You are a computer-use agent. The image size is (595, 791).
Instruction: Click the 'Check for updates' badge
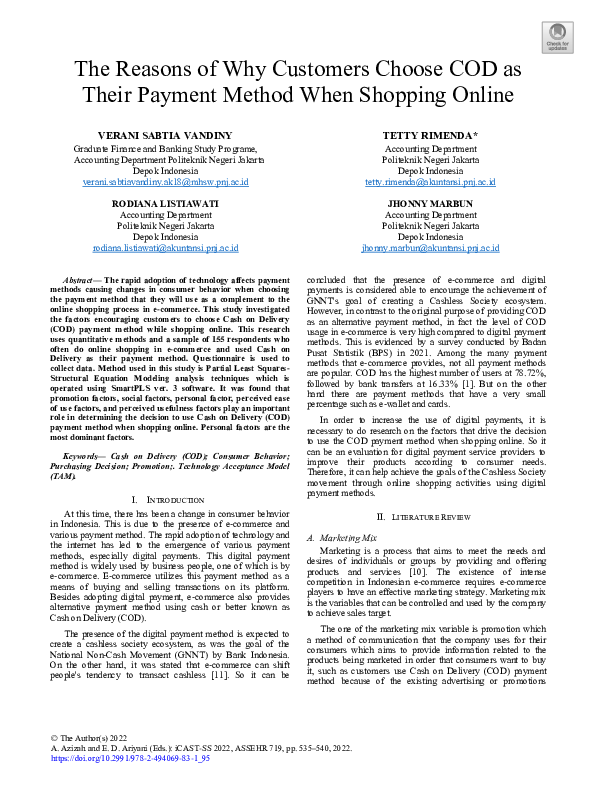tap(557, 34)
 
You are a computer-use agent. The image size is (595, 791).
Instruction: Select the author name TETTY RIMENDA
tap(429, 135)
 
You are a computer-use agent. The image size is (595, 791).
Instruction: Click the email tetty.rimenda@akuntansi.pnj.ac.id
tap(429, 183)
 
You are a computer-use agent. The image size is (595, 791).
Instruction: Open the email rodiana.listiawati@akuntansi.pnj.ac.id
tap(165, 248)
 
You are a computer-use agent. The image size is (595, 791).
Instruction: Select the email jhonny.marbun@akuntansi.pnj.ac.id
tap(429, 248)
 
